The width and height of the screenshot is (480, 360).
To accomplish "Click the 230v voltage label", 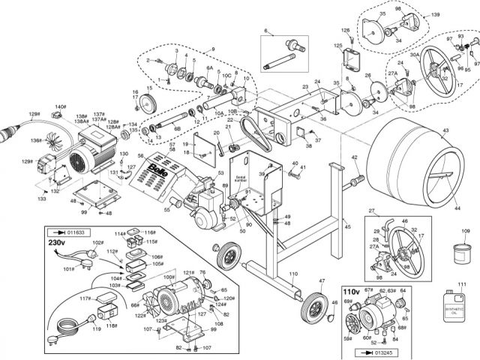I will (58, 244).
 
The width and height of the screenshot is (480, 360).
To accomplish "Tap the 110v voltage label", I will (351, 291).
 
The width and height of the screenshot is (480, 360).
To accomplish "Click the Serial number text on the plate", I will (241, 179).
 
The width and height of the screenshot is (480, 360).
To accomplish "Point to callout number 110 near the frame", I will (293, 274).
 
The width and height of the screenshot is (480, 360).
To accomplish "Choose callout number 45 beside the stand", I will (346, 225).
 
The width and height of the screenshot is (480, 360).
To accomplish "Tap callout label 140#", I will (60, 107).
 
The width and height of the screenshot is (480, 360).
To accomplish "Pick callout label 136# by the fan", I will (34, 140).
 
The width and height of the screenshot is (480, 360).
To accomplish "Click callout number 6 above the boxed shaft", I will (265, 30).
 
